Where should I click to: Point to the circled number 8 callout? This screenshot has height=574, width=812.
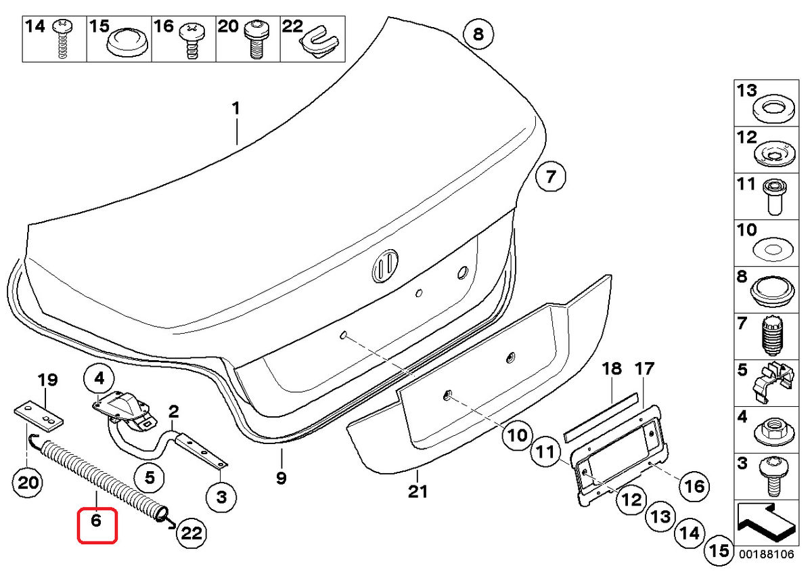pos(478,34)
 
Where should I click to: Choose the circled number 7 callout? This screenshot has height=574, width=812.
pos(550,178)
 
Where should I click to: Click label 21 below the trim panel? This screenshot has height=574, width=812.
pos(418,491)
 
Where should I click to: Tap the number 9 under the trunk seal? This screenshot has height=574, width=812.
pos(281,479)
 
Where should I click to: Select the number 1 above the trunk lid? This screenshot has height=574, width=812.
pos(235,108)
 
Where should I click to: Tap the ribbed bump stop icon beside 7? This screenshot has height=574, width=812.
pos(771,336)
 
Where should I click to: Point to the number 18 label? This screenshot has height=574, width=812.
pos(612,369)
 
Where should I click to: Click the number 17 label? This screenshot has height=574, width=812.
pos(644,369)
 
